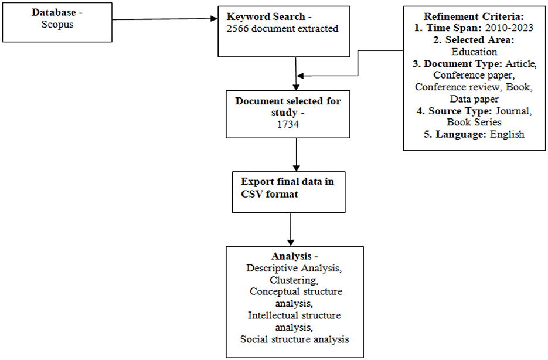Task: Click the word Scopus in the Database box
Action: point(57,25)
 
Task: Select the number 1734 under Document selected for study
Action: point(288,124)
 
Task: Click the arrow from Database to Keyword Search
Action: point(165,19)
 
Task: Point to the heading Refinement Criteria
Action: point(474,16)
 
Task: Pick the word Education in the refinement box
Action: point(474,52)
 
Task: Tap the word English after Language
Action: point(507,134)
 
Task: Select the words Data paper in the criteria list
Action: point(474,99)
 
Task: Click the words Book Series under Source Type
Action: point(474,122)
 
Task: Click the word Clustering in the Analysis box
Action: point(294,280)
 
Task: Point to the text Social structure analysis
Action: point(295,339)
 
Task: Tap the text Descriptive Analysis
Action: point(294,268)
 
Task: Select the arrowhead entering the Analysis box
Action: point(291,243)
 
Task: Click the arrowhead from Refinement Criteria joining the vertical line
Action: point(300,76)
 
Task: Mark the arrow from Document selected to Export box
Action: point(297,155)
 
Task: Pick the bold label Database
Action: point(54,12)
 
